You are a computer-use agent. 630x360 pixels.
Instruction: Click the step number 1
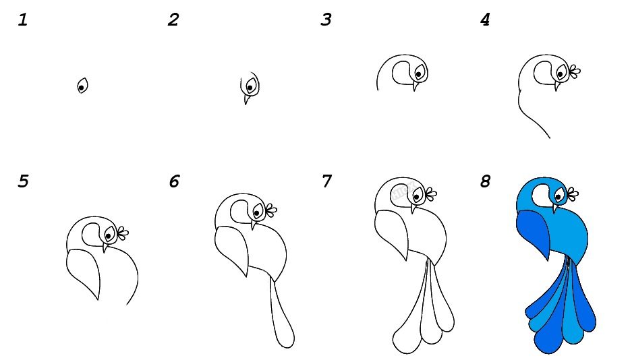23,20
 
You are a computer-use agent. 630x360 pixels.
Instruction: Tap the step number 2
173,20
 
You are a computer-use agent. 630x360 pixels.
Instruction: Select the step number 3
326,20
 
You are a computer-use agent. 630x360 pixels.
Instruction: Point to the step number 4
485,20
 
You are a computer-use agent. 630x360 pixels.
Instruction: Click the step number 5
24,181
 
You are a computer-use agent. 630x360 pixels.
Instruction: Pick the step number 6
174,181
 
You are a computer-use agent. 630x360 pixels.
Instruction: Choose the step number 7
326,181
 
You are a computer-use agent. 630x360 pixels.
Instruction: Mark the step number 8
486,181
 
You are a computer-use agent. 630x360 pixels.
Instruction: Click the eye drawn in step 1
82,86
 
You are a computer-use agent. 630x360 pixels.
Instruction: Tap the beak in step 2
246,99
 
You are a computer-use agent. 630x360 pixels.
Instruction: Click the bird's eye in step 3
419,73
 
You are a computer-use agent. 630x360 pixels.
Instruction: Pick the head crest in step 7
431,194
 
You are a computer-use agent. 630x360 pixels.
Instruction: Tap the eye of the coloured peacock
559,196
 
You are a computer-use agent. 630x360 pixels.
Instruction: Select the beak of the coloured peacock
555,208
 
